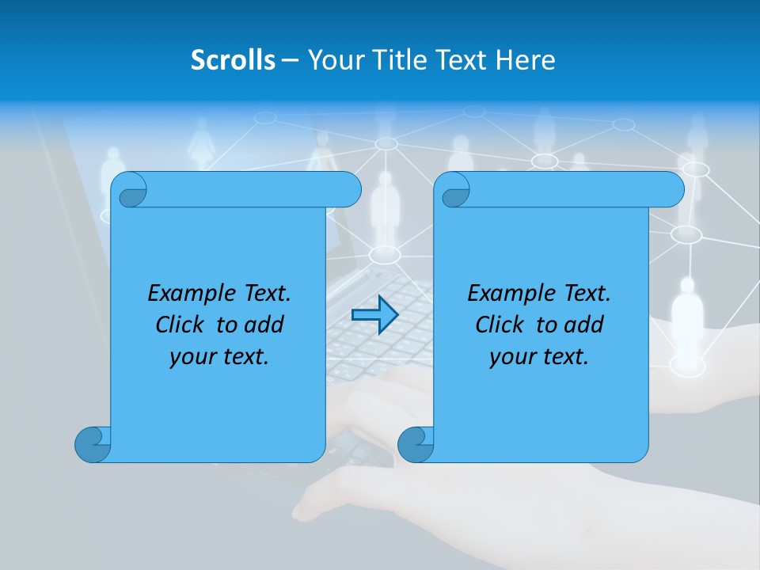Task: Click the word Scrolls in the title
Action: [234, 60]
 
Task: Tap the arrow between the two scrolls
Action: [374, 315]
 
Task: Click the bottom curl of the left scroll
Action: [93, 444]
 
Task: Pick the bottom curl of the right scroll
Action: [416, 444]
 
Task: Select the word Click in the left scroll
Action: [180, 325]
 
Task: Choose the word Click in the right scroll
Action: [500, 325]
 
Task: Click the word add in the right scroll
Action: [585, 325]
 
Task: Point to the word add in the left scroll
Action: [265, 325]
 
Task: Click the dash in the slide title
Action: [291, 60]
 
